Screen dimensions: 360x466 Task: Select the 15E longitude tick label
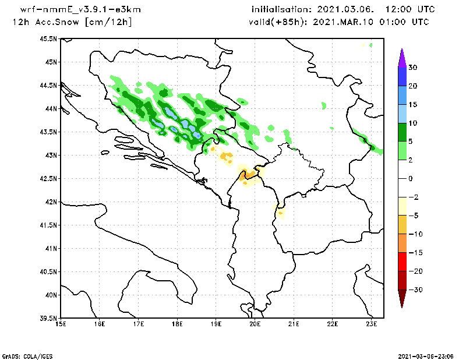pos(61,324)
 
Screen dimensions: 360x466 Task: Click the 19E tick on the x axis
pos(216,324)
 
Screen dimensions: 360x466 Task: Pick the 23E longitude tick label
pos(372,324)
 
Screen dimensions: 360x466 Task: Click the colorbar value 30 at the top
pos(412,68)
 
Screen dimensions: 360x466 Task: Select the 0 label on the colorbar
pos(410,179)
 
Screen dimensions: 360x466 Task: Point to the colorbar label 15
pos(412,105)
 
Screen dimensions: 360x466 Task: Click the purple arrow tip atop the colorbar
pos(402,58)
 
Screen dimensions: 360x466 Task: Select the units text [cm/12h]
pos(108,22)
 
